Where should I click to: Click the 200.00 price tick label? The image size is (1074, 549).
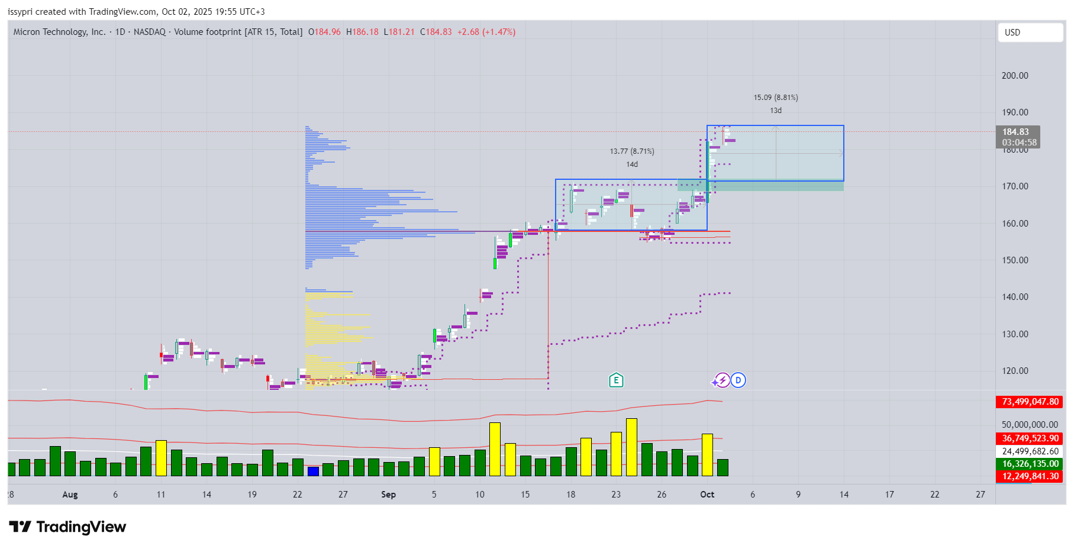pos(1015,76)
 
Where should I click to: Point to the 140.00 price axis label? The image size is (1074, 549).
pos(1015,297)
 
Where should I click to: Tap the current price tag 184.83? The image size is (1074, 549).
pos(1015,132)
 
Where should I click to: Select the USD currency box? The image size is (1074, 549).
pos(1030,33)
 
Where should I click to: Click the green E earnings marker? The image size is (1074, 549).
pos(616,380)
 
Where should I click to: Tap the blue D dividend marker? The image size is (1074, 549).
pos(738,380)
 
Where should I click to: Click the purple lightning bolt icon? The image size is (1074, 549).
pos(723,380)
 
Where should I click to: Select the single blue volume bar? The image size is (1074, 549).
pos(313,471)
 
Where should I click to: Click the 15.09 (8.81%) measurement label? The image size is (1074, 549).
pos(776,98)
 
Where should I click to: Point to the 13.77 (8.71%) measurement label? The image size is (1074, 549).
pos(632,151)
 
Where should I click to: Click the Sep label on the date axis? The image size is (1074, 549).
pos(388,495)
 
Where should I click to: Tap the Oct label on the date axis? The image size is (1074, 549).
pos(707,495)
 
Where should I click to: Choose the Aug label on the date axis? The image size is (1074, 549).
pos(70,495)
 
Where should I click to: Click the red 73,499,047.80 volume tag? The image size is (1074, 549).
pos(1030,402)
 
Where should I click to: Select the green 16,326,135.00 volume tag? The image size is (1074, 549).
pos(1030,464)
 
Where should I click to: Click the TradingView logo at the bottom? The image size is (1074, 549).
pos(67,527)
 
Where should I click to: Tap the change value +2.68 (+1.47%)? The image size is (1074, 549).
pos(486,32)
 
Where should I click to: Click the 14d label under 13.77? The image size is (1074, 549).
pos(632,164)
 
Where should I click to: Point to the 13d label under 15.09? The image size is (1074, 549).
pos(776,111)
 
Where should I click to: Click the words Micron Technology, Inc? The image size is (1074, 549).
pos(59,32)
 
